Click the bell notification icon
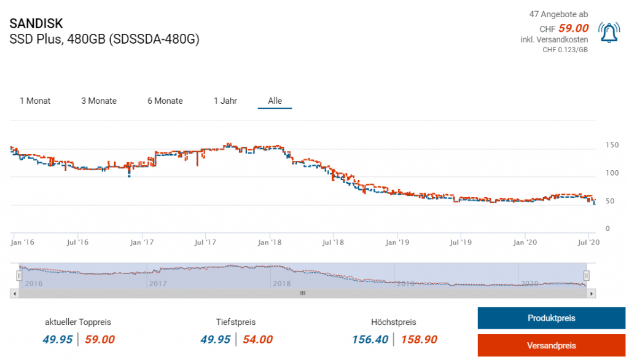pos(609,33)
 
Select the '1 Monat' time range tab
pos(35,101)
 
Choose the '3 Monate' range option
pos(99,101)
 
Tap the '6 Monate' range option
pos(165,101)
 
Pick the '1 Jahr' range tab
pos(225,101)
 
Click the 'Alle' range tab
pos(275,101)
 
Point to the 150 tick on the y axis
pos(612,146)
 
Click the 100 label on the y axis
pos(612,173)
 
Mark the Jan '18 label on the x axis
pos(269,243)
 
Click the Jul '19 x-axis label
pos(461,243)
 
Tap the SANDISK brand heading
pos(36,24)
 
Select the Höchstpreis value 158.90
pos(419,339)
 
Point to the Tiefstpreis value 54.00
pos(257,339)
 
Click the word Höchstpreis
pos(394,322)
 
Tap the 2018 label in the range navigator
pos(281,283)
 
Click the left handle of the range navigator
pos(19,275)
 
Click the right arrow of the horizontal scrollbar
pos(592,294)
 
